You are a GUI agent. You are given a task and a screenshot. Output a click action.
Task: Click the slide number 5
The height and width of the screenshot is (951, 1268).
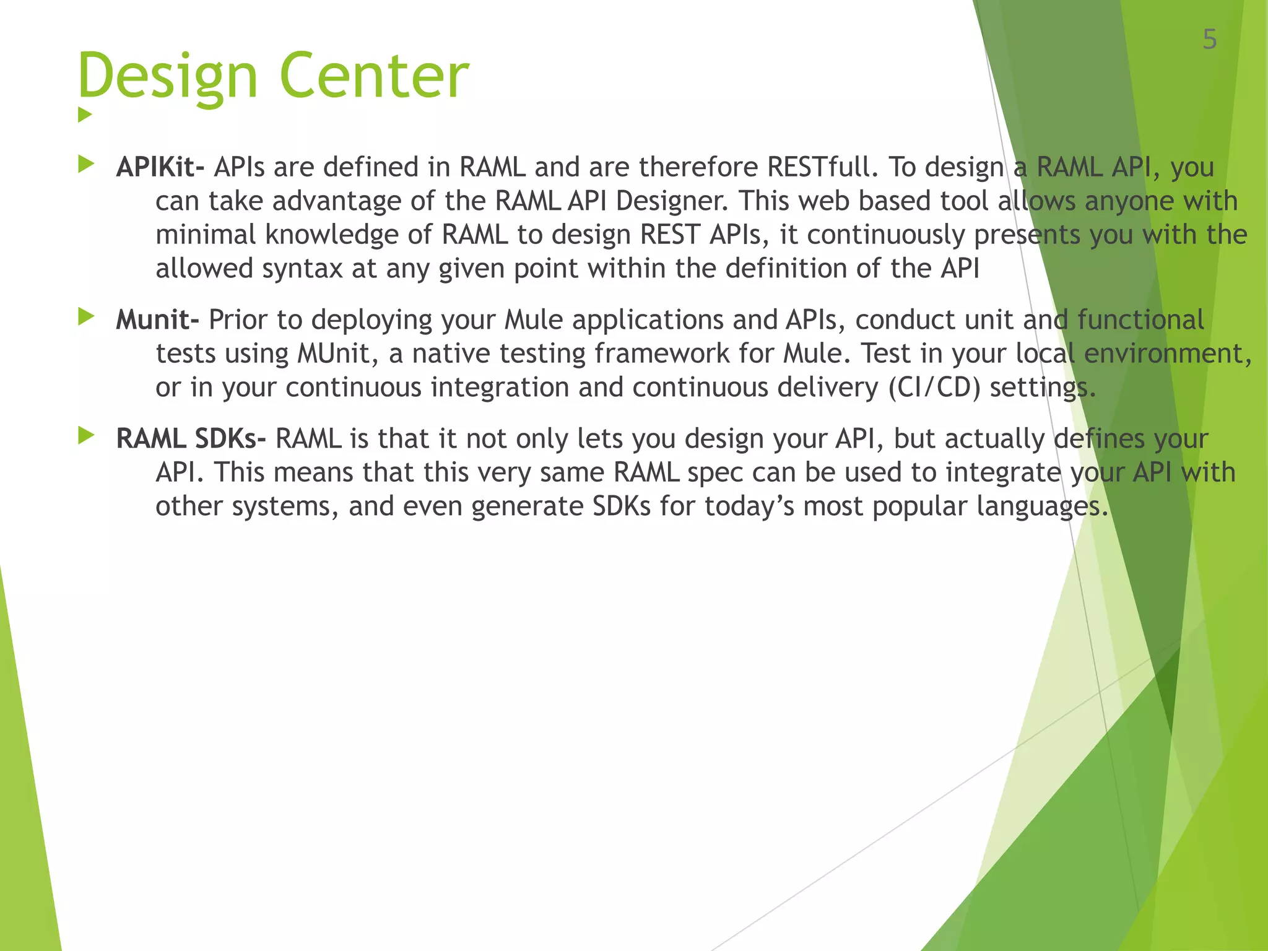coord(1209,40)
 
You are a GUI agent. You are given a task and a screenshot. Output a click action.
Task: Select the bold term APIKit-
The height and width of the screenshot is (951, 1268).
coord(160,167)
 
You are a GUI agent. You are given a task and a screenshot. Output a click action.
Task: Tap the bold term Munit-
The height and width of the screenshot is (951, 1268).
coord(158,319)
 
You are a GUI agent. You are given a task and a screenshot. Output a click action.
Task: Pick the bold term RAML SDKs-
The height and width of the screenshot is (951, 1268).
coord(191,438)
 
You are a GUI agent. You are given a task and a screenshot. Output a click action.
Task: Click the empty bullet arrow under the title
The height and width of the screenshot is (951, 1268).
coord(85,115)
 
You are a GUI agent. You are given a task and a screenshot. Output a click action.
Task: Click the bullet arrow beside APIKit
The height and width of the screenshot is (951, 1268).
coord(86,164)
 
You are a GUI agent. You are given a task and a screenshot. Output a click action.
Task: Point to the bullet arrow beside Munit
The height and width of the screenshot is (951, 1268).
coord(86,317)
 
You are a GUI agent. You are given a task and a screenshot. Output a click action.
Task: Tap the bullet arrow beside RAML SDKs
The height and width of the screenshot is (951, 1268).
coord(86,436)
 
